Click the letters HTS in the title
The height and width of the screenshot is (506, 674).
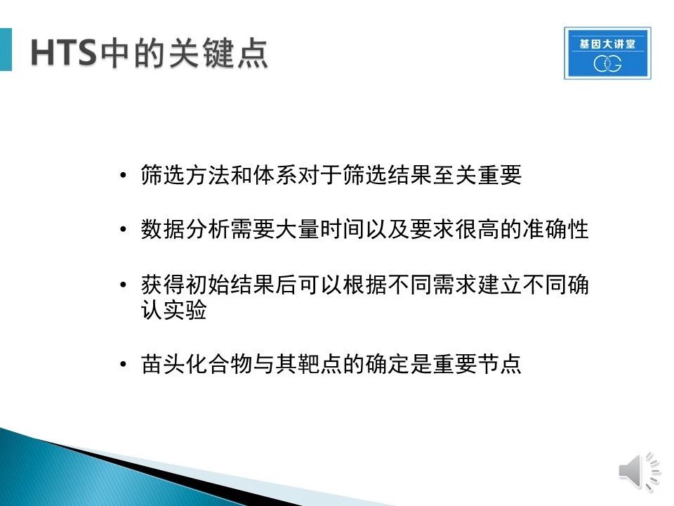pyautogui.click(x=63, y=53)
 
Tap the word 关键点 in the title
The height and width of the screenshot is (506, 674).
pyautogui.click(x=218, y=53)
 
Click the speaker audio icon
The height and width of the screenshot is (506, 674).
pyautogui.click(x=639, y=471)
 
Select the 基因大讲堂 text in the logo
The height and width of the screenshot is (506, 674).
pyautogui.click(x=607, y=44)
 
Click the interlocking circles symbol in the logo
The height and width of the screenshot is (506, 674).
pyautogui.click(x=607, y=64)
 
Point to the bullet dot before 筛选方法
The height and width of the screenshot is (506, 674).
pyautogui.click(x=124, y=176)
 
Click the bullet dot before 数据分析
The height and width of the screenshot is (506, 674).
pyautogui.click(x=124, y=229)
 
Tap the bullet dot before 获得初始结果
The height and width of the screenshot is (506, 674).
pyautogui.click(x=124, y=285)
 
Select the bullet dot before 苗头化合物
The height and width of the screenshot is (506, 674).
pyautogui.click(x=124, y=365)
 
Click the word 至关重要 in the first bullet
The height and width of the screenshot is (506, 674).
pyautogui.click(x=477, y=175)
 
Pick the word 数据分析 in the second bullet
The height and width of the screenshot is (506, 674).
pyautogui.click(x=185, y=229)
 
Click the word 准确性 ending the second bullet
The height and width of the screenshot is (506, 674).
pyautogui.click(x=556, y=229)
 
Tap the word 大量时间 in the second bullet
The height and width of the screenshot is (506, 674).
pyautogui.click(x=320, y=229)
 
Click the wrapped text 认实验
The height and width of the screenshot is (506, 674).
pyautogui.click(x=174, y=309)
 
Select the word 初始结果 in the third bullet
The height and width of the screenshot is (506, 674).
pyautogui.click(x=230, y=285)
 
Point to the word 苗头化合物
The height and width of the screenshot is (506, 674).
pyautogui.click(x=197, y=364)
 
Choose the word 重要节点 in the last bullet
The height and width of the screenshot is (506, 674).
pyautogui.click(x=477, y=364)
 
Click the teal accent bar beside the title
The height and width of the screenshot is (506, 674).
pyautogui.click(x=6, y=49)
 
